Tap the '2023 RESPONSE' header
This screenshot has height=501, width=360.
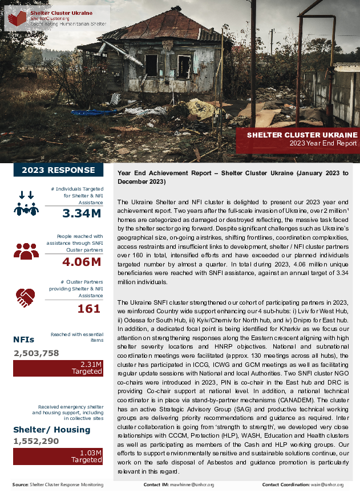point(58,170)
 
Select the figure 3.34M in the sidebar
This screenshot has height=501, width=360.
point(82,214)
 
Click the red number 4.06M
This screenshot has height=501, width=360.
point(82,262)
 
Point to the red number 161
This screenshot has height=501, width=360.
point(88,309)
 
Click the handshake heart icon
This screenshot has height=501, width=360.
point(26,297)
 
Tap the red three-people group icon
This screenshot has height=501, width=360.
point(26,251)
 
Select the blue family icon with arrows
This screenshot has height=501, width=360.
point(26,204)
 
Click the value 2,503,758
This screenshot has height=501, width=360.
point(37,353)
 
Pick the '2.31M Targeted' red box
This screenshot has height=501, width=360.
point(58,367)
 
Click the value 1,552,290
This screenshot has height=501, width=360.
point(37,441)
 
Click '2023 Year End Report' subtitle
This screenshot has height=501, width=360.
point(323,144)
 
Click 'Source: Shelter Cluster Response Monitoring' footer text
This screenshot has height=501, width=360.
point(58,485)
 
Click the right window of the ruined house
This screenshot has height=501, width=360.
point(184,65)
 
